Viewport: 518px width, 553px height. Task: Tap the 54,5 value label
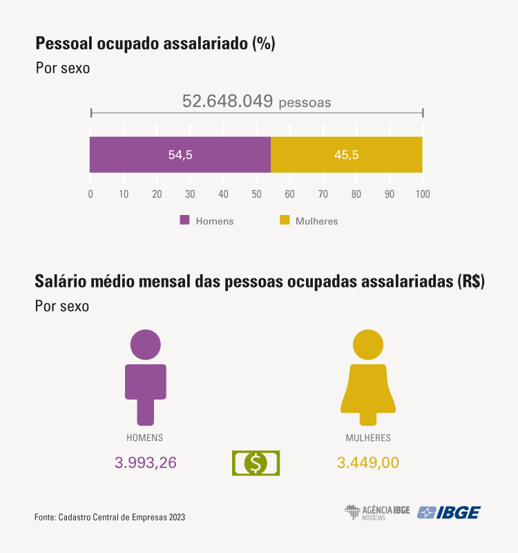180,155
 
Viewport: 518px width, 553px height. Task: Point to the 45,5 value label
346,155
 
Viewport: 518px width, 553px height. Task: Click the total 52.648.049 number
227,101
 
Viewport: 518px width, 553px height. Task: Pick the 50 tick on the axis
256,194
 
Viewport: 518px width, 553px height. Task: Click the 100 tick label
422,194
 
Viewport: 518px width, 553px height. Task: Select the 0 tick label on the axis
90,194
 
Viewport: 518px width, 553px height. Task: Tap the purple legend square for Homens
184,221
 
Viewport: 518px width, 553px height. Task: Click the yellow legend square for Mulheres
283,221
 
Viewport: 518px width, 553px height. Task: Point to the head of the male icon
145,344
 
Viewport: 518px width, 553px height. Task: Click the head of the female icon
368,344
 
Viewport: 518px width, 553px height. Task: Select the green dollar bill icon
256,462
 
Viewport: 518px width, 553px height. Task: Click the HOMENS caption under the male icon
145,438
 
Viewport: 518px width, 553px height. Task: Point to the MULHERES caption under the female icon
368,438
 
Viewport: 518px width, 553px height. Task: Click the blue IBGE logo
450,512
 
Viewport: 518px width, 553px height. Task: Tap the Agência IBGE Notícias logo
377,512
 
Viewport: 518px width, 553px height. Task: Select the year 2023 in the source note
176,517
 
